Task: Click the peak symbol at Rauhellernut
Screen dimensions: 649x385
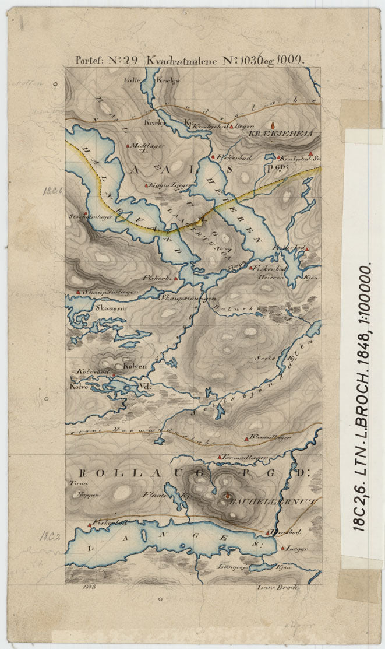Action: [x=227, y=497]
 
